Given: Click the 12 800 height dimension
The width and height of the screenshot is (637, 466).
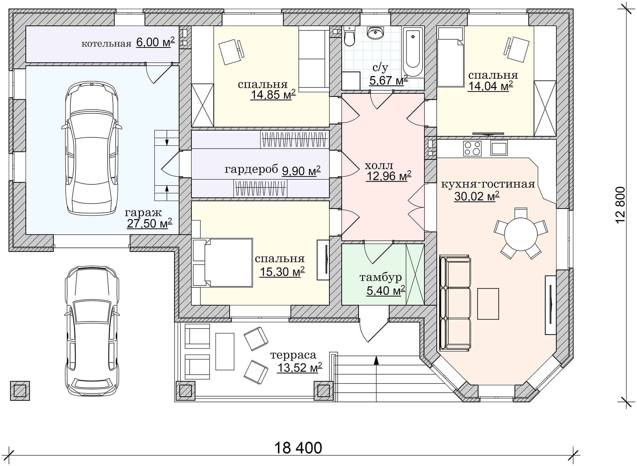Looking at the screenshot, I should (x=621, y=205).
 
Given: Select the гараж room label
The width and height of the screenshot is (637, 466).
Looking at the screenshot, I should (x=143, y=213).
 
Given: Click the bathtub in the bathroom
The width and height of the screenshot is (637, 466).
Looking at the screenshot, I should (x=413, y=52).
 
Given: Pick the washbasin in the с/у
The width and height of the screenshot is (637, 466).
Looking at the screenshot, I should (x=376, y=33).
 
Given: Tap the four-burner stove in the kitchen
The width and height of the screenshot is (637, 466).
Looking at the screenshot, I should (x=472, y=148).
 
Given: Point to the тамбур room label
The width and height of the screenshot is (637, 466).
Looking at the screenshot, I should (x=381, y=277).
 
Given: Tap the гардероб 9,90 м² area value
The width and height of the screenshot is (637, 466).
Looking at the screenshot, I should (x=301, y=171).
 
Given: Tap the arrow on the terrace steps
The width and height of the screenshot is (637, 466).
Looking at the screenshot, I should (x=376, y=360).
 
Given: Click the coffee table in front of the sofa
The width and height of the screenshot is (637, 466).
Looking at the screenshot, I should (x=488, y=303).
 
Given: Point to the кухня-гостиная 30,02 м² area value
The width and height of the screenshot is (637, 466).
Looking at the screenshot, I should (x=476, y=197).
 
